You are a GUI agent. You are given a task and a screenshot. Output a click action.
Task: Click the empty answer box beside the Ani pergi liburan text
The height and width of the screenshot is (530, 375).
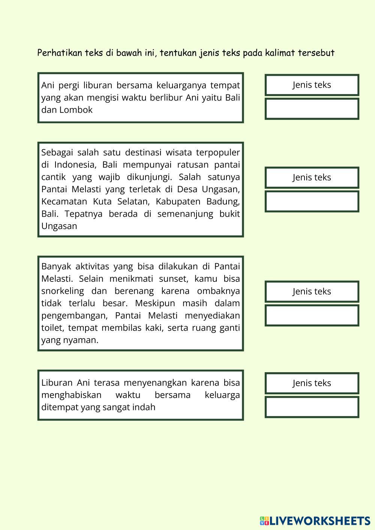click(312, 109)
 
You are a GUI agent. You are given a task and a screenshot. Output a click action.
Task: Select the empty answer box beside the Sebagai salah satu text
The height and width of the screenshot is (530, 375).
click(312, 201)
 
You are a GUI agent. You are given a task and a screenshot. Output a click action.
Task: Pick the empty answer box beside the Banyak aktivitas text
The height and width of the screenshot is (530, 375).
click(312, 315)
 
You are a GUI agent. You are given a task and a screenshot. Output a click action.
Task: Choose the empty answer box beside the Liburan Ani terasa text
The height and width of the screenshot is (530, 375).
click(312, 407)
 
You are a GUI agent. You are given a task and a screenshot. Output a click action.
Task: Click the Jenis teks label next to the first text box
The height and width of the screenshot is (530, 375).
click(312, 85)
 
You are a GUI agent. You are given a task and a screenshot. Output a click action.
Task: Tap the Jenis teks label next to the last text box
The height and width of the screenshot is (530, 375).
click(312, 383)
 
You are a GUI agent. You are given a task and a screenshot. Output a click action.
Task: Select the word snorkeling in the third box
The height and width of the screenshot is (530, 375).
click(63, 291)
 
